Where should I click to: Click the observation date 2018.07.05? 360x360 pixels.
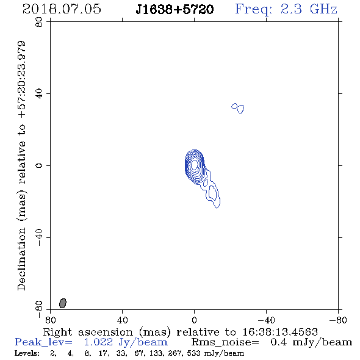(62, 9)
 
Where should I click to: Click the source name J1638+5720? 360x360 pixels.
(175, 10)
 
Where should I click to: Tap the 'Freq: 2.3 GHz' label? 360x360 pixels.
(286, 10)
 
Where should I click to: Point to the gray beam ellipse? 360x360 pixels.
(63, 303)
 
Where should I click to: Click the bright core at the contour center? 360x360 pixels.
(195, 164)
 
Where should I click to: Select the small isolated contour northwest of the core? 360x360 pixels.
(238, 108)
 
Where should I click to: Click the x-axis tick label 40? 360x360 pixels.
(122, 320)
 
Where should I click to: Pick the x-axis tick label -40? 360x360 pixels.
(266, 320)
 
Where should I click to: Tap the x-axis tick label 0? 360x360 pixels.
(194, 320)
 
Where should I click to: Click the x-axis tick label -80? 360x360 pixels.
(338, 320)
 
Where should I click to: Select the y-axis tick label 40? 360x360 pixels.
(39, 94)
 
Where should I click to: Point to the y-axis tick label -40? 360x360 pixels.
(39, 237)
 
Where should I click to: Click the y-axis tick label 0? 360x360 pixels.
(39, 165)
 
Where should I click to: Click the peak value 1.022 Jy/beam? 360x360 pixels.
(126, 342)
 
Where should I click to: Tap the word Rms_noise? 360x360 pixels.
(225, 342)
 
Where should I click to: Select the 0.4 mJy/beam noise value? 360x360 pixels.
(311, 342)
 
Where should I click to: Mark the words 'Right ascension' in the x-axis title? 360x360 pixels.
(88, 332)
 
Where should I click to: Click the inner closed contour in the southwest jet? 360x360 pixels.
(212, 192)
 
